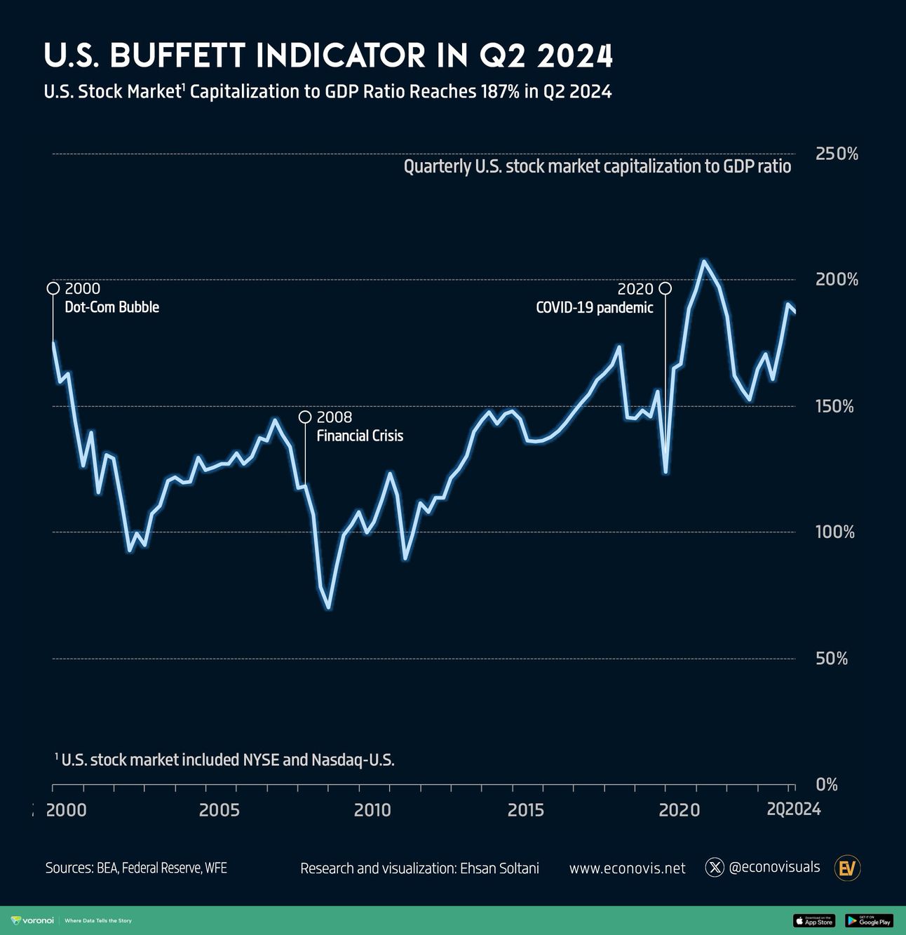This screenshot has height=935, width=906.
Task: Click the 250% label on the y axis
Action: pos(837,154)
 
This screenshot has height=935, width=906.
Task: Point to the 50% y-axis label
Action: pos(832,659)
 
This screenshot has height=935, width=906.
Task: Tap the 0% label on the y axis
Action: pos(827,785)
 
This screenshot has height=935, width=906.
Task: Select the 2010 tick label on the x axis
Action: pos(372,810)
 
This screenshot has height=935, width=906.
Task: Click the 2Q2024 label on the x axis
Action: pos(793,809)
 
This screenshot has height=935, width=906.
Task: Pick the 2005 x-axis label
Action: pos(219,810)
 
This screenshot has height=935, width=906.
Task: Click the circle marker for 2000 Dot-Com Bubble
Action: pos(53,288)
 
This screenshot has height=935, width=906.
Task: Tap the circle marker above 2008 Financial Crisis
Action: pos(305,417)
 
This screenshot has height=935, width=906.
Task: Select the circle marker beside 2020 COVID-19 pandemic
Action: pos(665,288)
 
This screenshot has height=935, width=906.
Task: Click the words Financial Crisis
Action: pos(360,436)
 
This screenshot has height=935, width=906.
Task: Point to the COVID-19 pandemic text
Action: pos(594,308)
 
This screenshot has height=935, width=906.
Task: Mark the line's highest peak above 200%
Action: pos(704,262)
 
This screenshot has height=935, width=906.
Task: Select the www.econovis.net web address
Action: pos(627,868)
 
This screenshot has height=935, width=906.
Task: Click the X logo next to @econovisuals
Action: pos(714,868)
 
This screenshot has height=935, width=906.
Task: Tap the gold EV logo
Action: pos(847,868)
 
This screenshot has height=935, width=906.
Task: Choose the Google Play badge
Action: pos(869,921)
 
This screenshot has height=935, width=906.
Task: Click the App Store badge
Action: pos(813,921)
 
